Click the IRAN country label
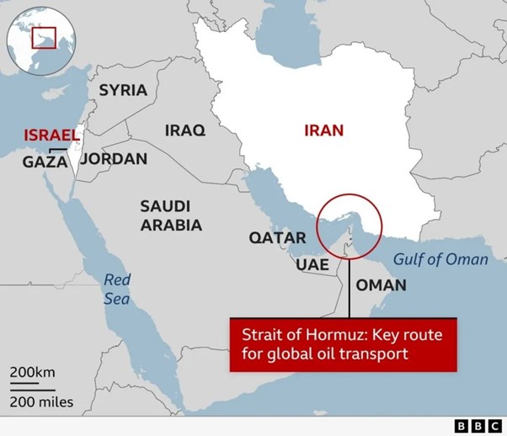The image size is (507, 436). [324, 130]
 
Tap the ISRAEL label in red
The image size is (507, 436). [51, 135]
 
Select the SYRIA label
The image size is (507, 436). [123, 90]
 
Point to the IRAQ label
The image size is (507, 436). [184, 130]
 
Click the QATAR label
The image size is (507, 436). [277, 237]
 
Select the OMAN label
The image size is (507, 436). [381, 284]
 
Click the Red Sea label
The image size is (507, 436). [117, 289]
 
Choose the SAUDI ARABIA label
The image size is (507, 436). [171, 215]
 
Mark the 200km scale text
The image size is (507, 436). [33, 372]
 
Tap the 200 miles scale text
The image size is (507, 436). [41, 401]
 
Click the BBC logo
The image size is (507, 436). [476, 423]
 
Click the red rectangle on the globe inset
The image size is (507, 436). [43, 38]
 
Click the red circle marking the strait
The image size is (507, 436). [349, 226]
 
